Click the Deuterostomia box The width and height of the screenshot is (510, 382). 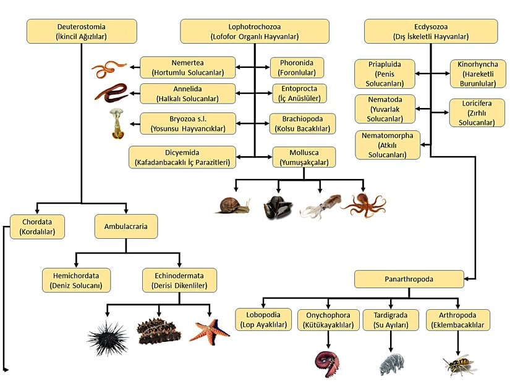pyautogui.click(x=81, y=31)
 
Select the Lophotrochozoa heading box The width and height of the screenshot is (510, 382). pyautogui.click(x=255, y=31)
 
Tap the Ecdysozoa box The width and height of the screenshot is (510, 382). pyautogui.click(x=430, y=31)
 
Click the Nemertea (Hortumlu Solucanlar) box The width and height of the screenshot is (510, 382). pyautogui.click(x=188, y=67)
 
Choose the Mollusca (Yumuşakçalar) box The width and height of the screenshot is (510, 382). pyautogui.click(x=304, y=157)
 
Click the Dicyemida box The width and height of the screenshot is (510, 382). pyautogui.click(x=182, y=157)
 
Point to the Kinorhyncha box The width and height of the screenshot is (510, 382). pyautogui.click(x=478, y=73)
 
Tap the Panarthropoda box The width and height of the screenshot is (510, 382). pyautogui.click(x=409, y=279)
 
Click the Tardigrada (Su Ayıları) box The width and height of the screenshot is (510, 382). pyautogui.click(x=387, y=320)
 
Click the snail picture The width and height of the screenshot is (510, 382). pyautogui.click(x=232, y=206)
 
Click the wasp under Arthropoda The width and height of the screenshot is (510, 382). pyautogui.click(x=459, y=364)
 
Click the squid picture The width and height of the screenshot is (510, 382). pyautogui.click(x=320, y=206)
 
